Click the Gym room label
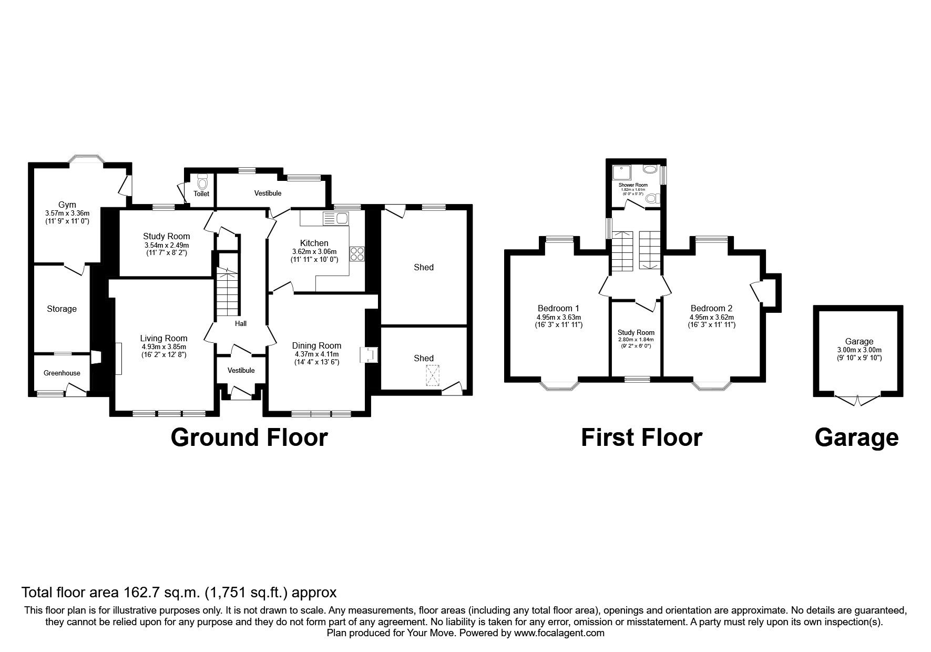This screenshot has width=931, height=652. (67, 205)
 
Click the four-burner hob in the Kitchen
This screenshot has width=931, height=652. (357, 253)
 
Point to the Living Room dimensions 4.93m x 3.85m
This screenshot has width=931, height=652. (163, 347)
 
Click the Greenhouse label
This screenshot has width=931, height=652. (62, 373)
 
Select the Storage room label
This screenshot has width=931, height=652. (62, 309)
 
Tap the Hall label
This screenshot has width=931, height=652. (241, 323)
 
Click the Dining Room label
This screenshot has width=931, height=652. (316, 345)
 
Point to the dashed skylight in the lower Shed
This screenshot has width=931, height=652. (432, 376)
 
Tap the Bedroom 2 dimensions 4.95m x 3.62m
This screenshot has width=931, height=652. (712, 317)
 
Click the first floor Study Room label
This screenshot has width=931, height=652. (636, 332)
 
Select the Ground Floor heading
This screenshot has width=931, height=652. (249, 437)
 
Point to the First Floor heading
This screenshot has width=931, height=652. (641, 437)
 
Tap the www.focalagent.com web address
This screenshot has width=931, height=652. (559, 633)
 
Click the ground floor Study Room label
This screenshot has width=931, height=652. (167, 237)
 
